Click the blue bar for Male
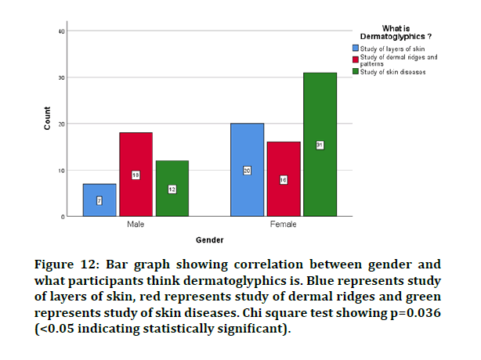click(x=99, y=200)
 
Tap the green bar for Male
click(x=172, y=188)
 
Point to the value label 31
click(x=320, y=145)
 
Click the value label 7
click(x=99, y=201)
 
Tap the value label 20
click(x=247, y=171)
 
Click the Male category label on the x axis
click(x=136, y=224)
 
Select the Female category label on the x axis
click(x=284, y=224)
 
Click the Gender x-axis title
click(x=209, y=239)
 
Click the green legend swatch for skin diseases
click(x=355, y=71)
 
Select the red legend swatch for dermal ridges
click(x=355, y=59)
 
